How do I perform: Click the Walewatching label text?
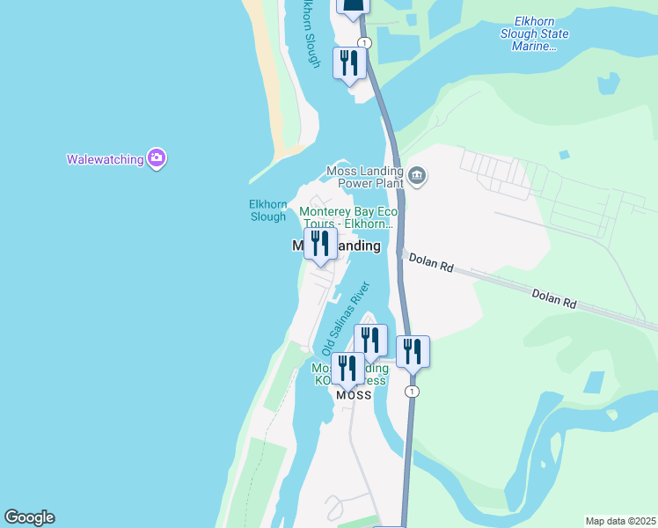[105, 159]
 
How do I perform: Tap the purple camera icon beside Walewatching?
[157, 158]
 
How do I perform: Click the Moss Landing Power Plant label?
[364, 177]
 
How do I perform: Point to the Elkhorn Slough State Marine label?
[534, 33]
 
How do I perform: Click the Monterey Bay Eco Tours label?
[349, 217]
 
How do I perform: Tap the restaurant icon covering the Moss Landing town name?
[320, 244]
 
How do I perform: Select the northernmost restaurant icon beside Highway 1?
[349, 63]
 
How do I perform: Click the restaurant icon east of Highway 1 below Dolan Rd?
[413, 351]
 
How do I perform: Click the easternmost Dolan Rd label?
[553, 297]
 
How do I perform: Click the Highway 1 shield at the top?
[364, 43]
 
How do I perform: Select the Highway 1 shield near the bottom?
[412, 391]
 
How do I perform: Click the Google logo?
[29, 517]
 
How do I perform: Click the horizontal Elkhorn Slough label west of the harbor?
[267, 210]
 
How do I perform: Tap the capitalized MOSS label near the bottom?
[354, 396]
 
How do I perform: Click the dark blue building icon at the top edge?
[353, 7]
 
